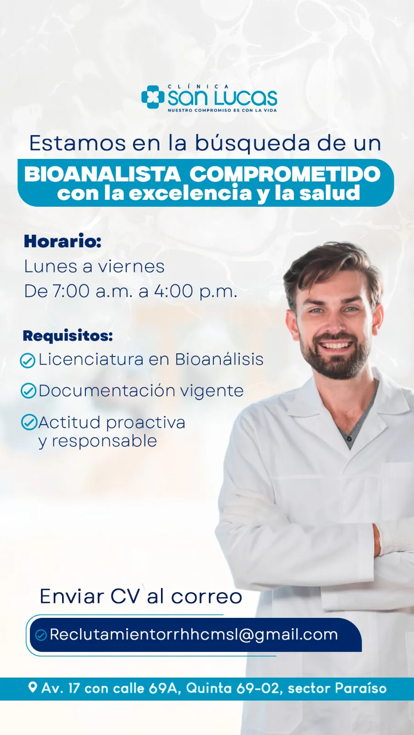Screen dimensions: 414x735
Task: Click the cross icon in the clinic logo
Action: [153, 97]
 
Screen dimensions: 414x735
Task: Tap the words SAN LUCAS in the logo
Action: [223, 98]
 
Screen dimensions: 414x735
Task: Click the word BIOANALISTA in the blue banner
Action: [103, 174]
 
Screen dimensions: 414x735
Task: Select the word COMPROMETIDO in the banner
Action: [285, 174]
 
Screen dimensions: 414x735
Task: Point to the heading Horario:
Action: [63, 241]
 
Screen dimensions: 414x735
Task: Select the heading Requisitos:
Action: [68, 336]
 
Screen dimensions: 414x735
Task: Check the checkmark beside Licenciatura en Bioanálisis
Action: [28, 361]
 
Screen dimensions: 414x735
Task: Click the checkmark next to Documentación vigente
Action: [28, 391]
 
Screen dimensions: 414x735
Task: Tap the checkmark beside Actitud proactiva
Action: [29, 422]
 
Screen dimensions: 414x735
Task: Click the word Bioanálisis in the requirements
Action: [219, 359]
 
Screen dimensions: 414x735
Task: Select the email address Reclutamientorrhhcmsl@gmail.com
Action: [194, 634]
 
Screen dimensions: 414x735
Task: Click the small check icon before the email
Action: [41, 635]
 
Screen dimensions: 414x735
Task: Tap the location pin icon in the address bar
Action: [33, 687]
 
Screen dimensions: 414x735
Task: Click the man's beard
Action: [335, 358]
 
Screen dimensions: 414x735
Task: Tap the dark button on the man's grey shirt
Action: [349, 439]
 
